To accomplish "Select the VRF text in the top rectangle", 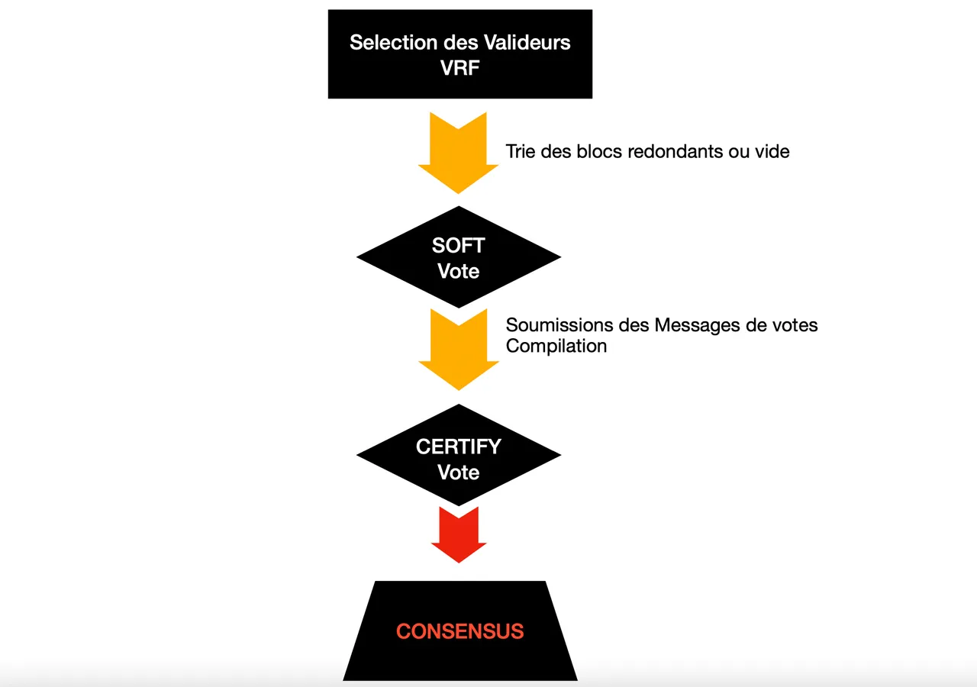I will coord(459,68).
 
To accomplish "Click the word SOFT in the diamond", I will coord(458,246).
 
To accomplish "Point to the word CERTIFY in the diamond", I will coord(458,447).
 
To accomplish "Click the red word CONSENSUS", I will coord(459,632).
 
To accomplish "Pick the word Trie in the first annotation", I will coord(521,151).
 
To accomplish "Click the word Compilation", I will coord(556,346).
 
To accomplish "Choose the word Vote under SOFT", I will coord(458,272).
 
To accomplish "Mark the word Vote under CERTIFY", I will coord(458,473).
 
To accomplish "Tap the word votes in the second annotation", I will coord(795,325).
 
